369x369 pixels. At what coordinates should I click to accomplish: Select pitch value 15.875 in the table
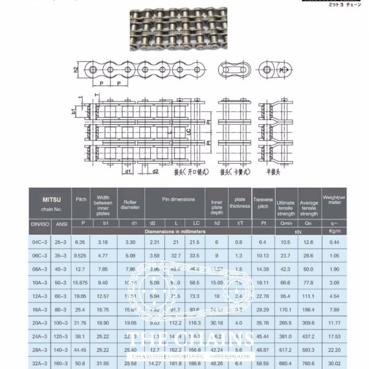click(x=81, y=282)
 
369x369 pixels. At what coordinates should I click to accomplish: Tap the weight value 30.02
click(x=334, y=364)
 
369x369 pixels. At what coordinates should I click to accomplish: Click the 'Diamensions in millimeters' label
click(x=175, y=230)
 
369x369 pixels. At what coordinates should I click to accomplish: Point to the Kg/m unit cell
click(x=334, y=230)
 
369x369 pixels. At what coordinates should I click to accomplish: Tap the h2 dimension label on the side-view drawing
click(x=76, y=69)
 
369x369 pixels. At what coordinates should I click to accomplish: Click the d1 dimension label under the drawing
click(x=128, y=172)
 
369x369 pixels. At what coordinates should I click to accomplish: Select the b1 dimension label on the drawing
click(x=74, y=111)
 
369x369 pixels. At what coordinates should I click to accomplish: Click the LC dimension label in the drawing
click(x=188, y=131)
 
